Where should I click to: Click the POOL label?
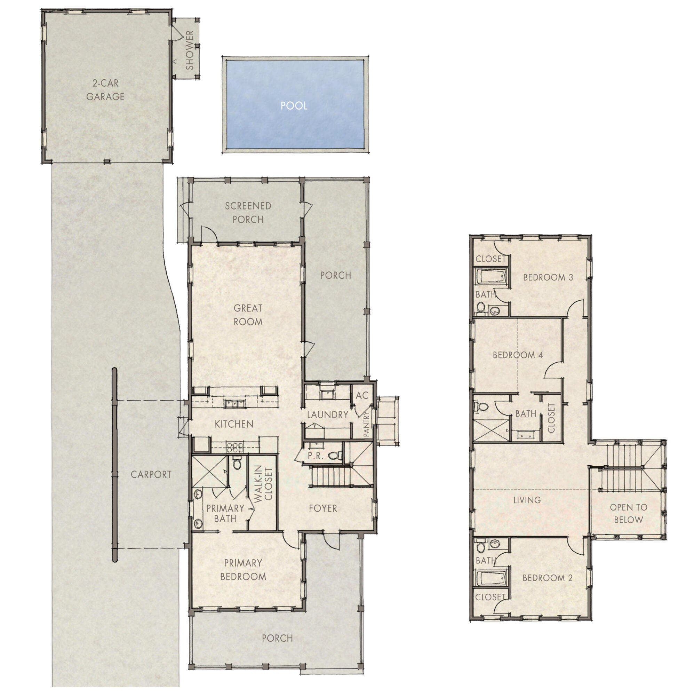point(294,105)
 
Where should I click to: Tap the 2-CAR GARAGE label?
point(105,90)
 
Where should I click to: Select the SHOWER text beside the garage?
point(190,50)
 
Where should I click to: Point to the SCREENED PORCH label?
point(248,213)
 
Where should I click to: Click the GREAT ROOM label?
point(248,315)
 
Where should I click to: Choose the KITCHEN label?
point(234,424)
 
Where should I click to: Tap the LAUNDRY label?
point(327,415)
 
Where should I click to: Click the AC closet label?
point(361,396)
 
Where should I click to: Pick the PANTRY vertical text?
point(367,424)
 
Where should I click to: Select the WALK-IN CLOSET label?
point(263,484)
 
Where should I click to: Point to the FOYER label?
point(323,508)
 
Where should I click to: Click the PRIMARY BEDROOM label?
point(243,570)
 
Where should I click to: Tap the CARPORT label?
point(151,474)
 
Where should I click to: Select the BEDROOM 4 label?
point(518,355)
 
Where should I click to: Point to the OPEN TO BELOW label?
point(629,513)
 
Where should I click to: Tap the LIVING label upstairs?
point(527,500)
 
